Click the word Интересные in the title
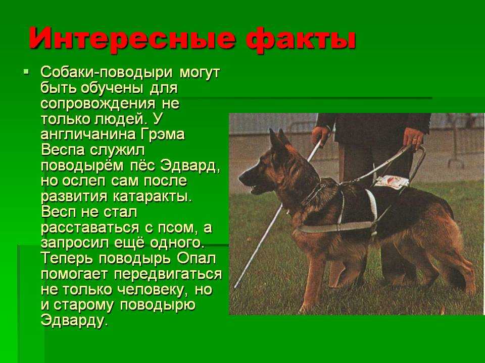pyautogui.click(x=132, y=38)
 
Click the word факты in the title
pyautogui.click(x=302, y=38)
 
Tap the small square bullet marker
pyautogui.click(x=26, y=73)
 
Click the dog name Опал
pyautogui.click(x=197, y=258)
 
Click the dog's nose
pyautogui.click(x=241, y=178)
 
